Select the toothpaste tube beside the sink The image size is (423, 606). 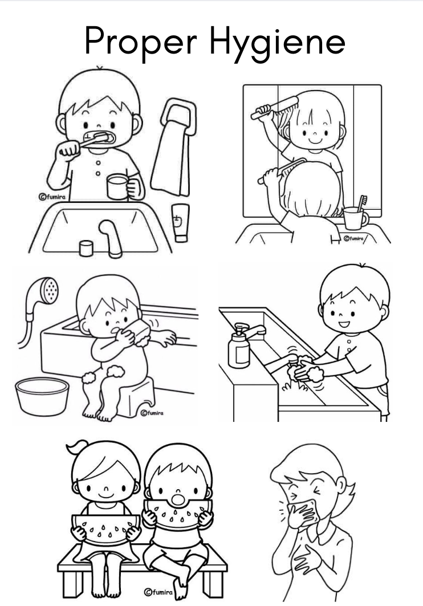click(x=180, y=223)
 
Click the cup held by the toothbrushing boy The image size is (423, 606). click(x=117, y=187)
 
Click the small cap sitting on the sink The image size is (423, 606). click(x=86, y=248)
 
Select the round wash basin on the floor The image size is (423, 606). click(x=42, y=396)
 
